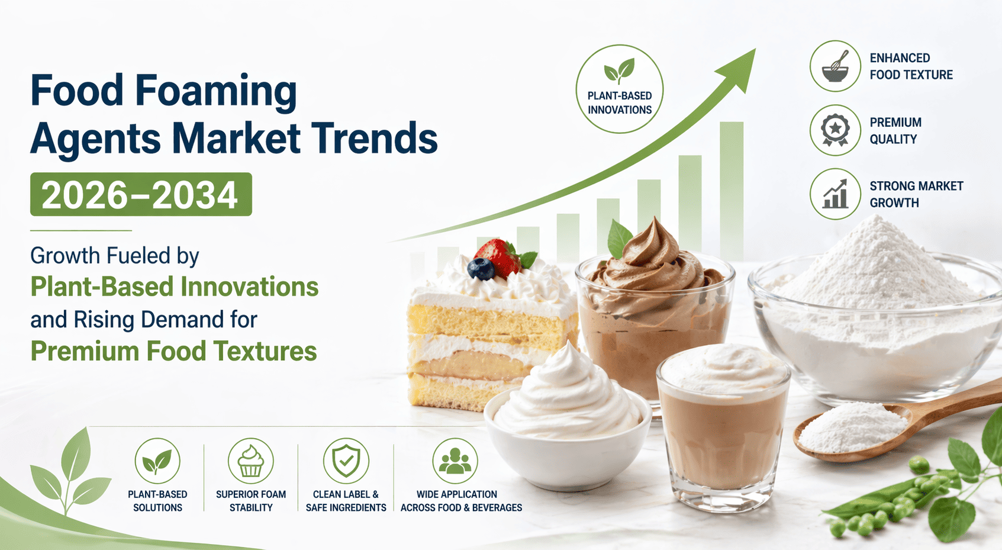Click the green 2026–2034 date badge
pyautogui.click(x=141, y=194)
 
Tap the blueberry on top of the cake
pyautogui.click(x=481, y=269)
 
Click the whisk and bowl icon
pyautogui.click(x=835, y=66)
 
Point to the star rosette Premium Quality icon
pyautogui.click(x=835, y=130)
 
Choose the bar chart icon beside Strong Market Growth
pyautogui.click(x=835, y=194)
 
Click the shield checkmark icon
pyautogui.click(x=346, y=461)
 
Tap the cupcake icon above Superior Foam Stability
pyautogui.click(x=250, y=461)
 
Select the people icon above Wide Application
pyautogui.click(x=455, y=461)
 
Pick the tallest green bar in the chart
pyautogui.click(x=732, y=190)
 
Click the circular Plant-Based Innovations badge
pyautogui.click(x=620, y=89)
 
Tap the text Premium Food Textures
pyautogui.click(x=173, y=351)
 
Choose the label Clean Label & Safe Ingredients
pyautogui.click(x=346, y=501)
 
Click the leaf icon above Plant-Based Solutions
pyautogui.click(x=157, y=461)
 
